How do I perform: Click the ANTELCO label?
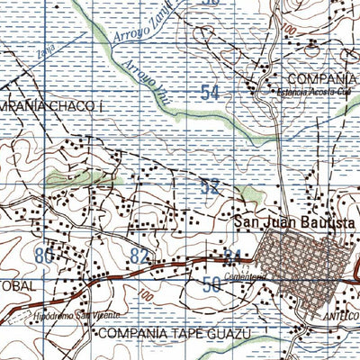coord(341,317)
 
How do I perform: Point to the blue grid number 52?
coord(210,187)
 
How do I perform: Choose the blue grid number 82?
coord(139,256)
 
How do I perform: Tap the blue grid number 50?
coord(212,284)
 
